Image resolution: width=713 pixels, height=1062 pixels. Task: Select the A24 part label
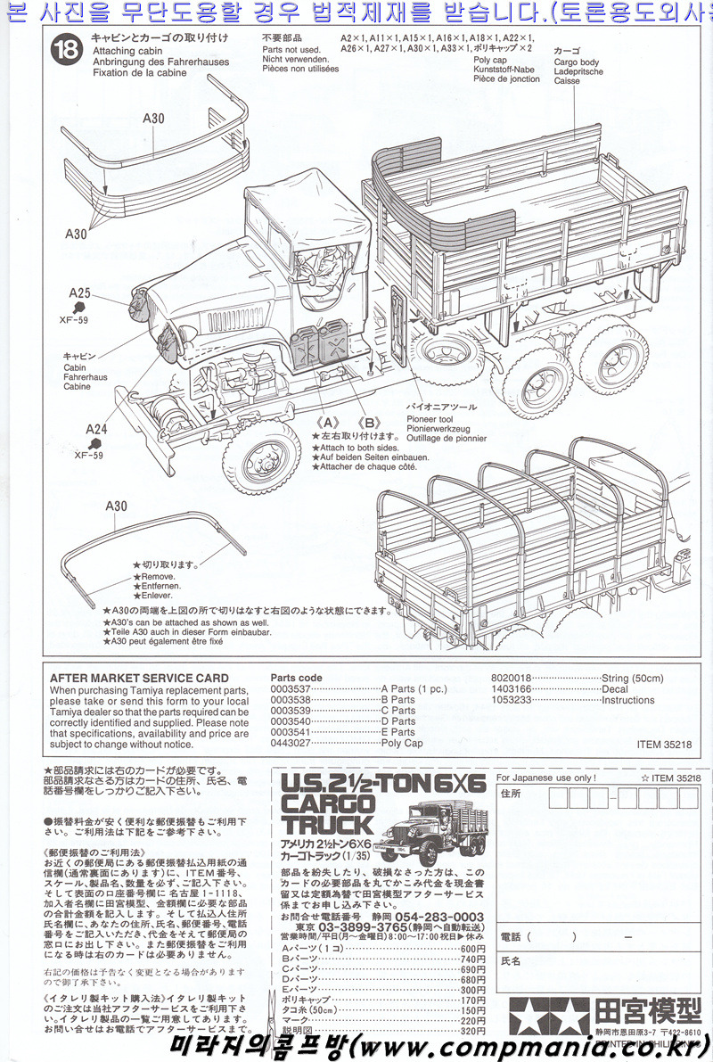click(97, 429)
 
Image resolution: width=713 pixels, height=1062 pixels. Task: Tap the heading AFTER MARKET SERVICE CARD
click(139, 679)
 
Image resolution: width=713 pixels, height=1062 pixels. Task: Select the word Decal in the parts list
click(615, 689)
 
